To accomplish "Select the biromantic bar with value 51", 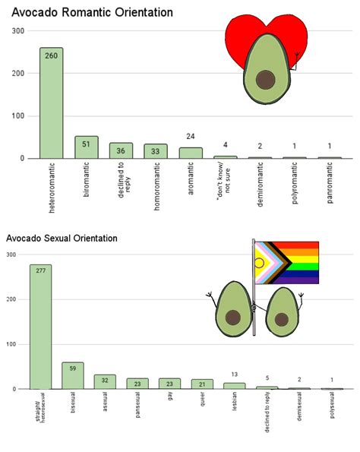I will [x=86, y=147].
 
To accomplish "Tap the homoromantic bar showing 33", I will [x=156, y=151].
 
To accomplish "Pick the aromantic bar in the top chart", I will [x=191, y=153].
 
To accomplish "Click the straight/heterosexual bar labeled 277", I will [x=41, y=327].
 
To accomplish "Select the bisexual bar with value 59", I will [x=73, y=375].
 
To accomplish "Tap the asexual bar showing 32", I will [x=105, y=381].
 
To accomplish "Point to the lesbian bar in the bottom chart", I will [x=234, y=385].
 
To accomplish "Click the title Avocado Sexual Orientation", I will [x=62, y=238].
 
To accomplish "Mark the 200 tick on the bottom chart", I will [x=11, y=299].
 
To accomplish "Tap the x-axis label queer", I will [x=202, y=401].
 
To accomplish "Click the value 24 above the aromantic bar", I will [x=191, y=137].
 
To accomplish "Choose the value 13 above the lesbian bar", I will [x=234, y=375].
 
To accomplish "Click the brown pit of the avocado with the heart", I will [x=265, y=79].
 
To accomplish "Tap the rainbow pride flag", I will [x=289, y=262].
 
